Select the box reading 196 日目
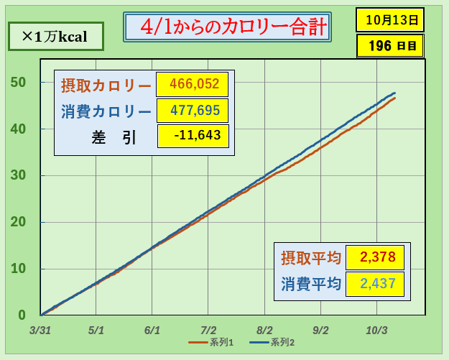(389, 46)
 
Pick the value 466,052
(192, 85)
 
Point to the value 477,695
(192, 111)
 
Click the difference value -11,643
(192, 135)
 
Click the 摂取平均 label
(310, 257)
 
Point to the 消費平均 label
(310, 284)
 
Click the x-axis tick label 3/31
(40, 331)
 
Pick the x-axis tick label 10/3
(376, 331)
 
